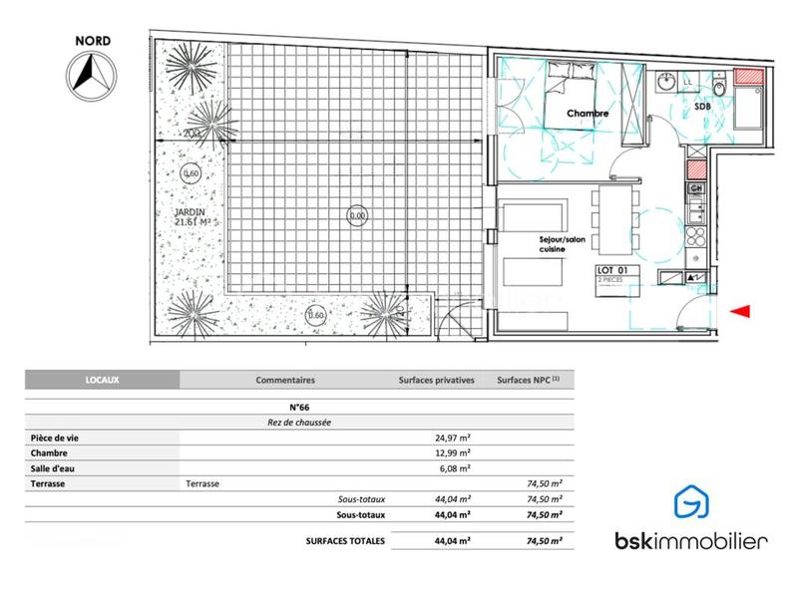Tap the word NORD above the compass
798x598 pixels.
click(93, 42)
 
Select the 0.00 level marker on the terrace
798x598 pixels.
click(356, 213)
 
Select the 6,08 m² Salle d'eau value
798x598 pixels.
click(453, 468)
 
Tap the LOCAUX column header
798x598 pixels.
click(101, 380)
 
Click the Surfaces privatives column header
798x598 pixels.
click(436, 380)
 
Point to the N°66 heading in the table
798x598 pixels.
click(297, 408)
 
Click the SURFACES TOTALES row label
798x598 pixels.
click(340, 540)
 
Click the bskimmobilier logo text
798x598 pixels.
click(689, 541)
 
